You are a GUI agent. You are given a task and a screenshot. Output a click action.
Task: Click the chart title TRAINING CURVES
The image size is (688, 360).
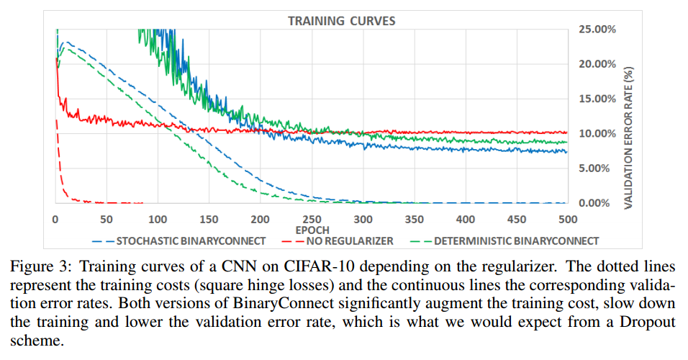(341, 21)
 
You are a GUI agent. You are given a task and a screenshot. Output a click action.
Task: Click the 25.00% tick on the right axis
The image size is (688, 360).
(596, 30)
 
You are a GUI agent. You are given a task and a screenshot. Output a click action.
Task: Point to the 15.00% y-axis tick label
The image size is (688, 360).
(596, 99)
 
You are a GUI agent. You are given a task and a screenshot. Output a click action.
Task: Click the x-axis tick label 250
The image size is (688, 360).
(312, 219)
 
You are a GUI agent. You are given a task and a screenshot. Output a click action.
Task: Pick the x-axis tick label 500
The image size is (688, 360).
(568, 219)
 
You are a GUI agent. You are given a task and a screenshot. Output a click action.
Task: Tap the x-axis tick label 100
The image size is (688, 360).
(158, 219)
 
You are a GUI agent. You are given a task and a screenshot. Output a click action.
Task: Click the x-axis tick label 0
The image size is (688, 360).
(55, 219)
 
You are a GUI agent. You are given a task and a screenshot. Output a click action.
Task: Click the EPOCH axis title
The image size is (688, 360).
(312, 230)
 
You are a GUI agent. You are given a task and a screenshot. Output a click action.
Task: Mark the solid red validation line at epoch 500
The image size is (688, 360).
(567, 132)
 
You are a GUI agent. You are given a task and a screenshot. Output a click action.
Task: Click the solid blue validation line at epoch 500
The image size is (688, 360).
(567, 151)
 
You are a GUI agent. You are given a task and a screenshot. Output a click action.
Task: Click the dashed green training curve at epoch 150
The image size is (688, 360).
(209, 165)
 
